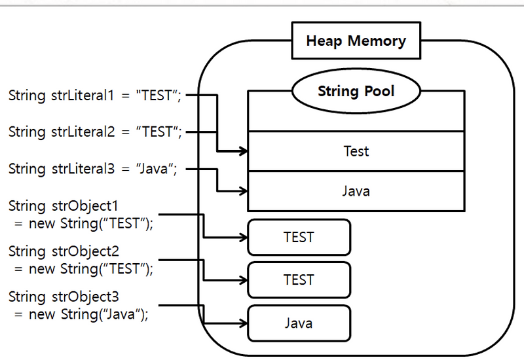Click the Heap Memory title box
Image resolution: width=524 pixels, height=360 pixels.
356,41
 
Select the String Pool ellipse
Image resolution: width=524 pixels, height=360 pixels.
356,91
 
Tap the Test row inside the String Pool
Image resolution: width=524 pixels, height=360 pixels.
356,151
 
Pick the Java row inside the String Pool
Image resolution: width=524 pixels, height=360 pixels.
356,191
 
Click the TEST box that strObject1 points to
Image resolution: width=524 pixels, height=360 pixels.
299,237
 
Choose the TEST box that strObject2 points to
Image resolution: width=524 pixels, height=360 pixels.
299,279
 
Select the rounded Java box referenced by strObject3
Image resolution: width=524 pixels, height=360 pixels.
299,323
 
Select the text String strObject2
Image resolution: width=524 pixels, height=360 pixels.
56,251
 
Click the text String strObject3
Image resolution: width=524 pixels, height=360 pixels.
56,297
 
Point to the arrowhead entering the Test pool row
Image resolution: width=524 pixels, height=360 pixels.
244,152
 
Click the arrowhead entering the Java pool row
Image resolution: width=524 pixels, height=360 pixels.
244,192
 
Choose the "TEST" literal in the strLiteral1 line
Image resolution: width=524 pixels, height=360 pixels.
157,96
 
